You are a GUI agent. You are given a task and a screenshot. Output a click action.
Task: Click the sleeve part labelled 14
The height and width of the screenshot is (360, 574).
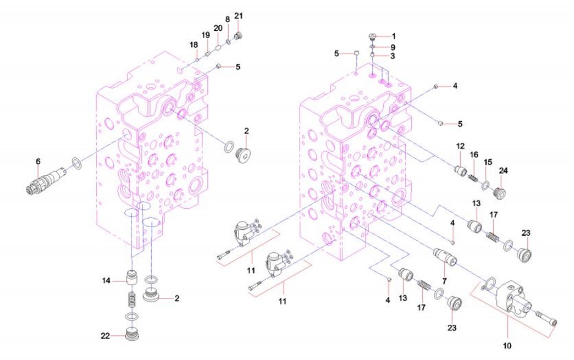(x=131, y=276)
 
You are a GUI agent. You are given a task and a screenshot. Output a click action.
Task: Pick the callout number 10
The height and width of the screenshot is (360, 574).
(x=507, y=346)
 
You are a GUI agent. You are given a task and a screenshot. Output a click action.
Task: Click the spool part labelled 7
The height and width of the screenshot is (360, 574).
(x=443, y=257)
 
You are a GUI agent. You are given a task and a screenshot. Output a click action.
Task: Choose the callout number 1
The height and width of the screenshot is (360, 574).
(x=393, y=36)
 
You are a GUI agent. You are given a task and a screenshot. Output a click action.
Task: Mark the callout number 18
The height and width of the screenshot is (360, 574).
(x=194, y=45)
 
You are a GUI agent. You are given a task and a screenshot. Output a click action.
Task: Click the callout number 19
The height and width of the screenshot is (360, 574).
(x=206, y=35)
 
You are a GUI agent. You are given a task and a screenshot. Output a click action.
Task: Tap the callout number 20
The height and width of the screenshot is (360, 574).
(x=218, y=28)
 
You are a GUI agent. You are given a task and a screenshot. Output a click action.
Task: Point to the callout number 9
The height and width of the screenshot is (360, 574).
(x=393, y=46)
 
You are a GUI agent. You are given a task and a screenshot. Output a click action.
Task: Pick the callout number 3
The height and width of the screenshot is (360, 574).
(x=393, y=56)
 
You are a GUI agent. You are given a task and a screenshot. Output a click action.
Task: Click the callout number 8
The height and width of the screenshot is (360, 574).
(x=228, y=19)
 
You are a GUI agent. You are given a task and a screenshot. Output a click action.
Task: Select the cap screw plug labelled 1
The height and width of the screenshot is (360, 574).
(x=372, y=37)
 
